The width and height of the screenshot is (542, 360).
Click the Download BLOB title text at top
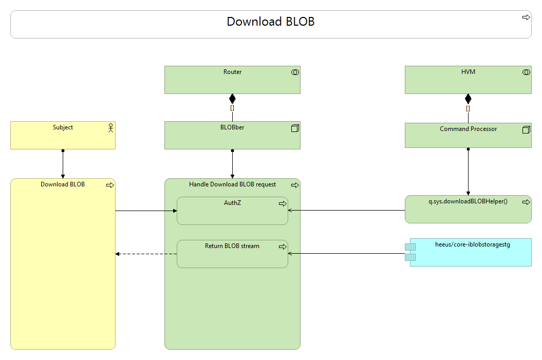(x=270, y=22)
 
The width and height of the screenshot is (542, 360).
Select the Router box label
(x=232, y=72)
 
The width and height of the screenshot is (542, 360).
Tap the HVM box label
(x=468, y=72)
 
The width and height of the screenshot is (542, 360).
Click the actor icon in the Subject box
(x=109, y=128)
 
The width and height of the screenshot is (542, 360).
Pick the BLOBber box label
(x=232, y=127)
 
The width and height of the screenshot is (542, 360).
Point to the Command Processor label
(x=468, y=129)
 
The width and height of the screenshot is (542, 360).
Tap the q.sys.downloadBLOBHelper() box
(x=468, y=209)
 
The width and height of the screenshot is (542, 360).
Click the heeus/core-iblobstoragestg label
(x=469, y=245)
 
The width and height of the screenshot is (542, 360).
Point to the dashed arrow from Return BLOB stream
(x=146, y=254)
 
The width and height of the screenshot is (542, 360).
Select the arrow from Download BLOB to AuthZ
(x=146, y=211)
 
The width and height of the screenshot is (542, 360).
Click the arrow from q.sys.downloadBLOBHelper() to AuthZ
(x=346, y=210)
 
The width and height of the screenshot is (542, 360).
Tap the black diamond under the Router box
(x=232, y=98)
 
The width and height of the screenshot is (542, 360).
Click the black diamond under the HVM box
(x=468, y=99)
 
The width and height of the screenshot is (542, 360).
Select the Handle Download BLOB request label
(x=232, y=184)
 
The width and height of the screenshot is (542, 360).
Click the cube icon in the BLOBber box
(x=295, y=128)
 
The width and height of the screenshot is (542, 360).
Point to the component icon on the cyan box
(x=410, y=252)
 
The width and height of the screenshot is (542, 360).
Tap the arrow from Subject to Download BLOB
(x=63, y=164)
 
